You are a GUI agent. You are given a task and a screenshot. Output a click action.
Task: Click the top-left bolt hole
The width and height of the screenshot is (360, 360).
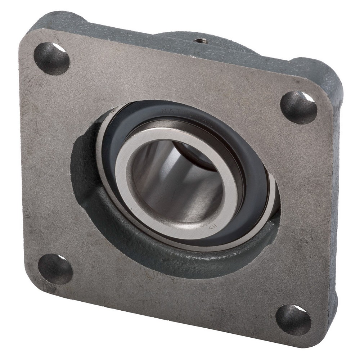[51, 58]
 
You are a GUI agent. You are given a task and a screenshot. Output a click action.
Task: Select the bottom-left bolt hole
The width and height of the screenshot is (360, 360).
[55, 269]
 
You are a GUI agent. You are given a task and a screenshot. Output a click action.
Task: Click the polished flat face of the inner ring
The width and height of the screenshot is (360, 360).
[144, 216]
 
